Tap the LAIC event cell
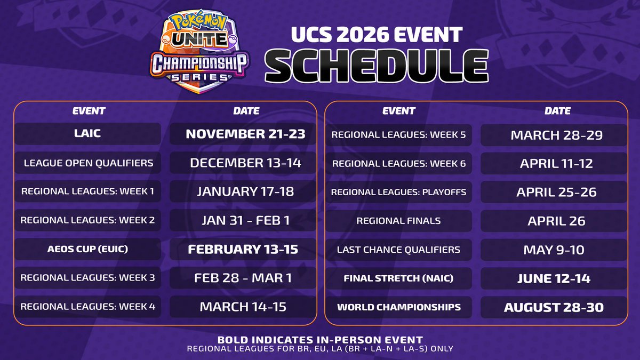point(87,134)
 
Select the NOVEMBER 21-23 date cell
point(245,134)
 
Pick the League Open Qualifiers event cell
point(87,163)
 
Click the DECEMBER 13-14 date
point(245,163)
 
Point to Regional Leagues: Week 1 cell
point(87,191)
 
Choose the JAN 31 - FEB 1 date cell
point(245,220)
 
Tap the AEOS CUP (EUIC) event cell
point(87,249)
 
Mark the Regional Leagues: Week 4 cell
point(87,307)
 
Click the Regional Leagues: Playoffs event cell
point(399,192)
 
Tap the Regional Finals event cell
point(399,221)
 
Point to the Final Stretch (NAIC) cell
point(399,278)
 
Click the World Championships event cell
point(399,307)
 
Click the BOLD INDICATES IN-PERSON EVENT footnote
point(320,339)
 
